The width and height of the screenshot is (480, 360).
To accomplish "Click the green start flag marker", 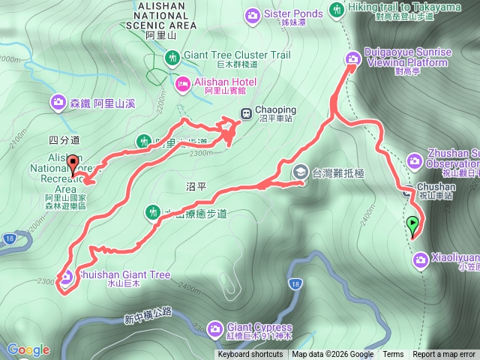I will pos(412,224).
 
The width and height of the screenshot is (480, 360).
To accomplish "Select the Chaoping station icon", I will pos(245,113).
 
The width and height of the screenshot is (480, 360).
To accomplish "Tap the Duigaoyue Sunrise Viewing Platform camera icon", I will pos(352,59).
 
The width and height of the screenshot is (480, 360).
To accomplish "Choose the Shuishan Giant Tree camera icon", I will pos(65,277).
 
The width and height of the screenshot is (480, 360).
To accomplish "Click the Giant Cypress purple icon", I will pos(215,328).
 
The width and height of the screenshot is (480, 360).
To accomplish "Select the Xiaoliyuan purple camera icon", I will pos(420,259).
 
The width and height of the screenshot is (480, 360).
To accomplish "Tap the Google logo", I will pos(28,349).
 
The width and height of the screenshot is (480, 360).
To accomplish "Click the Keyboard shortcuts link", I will pos(250,355).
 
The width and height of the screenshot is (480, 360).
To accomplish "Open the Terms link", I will pos(393,355).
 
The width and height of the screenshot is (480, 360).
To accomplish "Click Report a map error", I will pos(444,355).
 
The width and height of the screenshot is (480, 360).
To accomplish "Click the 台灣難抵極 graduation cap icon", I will pos(300,171).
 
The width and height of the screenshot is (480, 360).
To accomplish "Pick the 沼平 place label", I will pos(196,184).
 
